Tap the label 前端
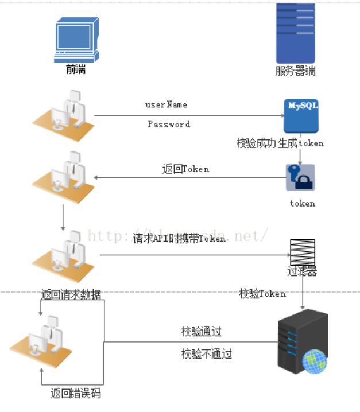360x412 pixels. (76, 69)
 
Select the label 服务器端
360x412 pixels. (295, 72)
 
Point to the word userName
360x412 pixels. (166, 105)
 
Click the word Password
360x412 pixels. (168, 124)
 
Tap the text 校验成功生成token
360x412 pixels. (280, 143)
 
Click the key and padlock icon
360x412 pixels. (301, 177)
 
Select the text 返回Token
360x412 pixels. (185, 169)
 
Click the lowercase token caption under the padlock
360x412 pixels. (302, 203)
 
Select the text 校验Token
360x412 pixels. (262, 294)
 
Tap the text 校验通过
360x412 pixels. (202, 332)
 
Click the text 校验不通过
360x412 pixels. (207, 353)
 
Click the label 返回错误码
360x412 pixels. (76, 394)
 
